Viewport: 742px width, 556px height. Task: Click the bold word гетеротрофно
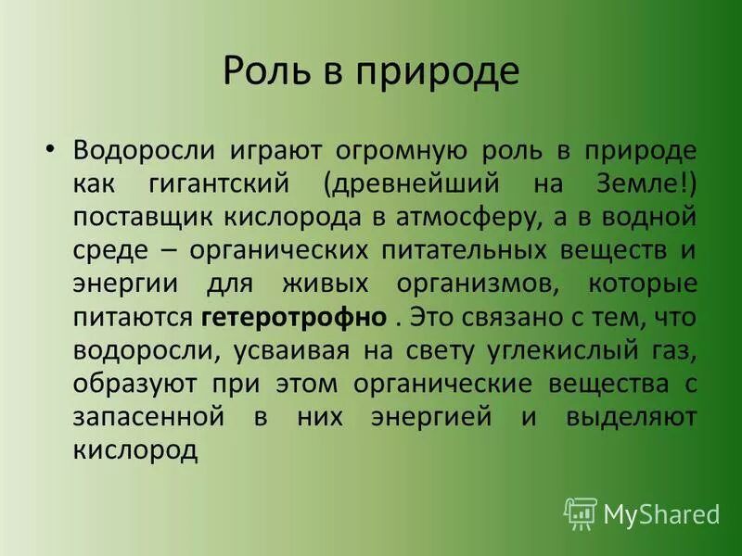coord(292,317)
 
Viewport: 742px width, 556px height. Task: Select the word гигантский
coord(224,183)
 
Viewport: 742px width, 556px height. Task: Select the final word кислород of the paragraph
coord(135,450)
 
